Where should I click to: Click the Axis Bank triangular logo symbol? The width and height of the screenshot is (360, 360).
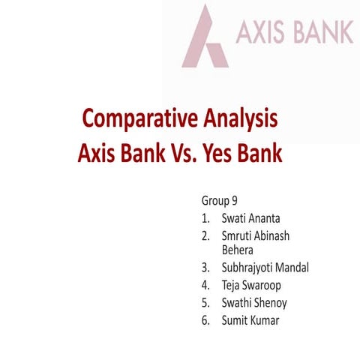tap(205, 37)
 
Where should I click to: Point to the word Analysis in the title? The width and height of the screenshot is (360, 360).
tap(241, 118)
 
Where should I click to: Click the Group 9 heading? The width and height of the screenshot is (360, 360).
tap(220, 201)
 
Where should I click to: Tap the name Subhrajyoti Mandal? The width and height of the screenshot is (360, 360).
tap(265, 267)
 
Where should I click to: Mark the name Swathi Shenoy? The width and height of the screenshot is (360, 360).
tap(254, 303)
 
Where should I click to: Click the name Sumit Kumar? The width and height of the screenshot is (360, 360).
tap(250, 321)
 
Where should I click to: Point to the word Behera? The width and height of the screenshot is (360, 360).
tap(238, 250)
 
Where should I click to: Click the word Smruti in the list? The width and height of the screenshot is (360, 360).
tap(237, 236)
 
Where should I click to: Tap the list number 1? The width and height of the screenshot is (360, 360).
tap(205, 219)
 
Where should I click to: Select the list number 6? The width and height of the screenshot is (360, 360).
tap(205, 321)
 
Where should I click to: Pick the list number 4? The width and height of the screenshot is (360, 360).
tap(205, 285)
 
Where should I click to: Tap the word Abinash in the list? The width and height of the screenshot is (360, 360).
tap(273, 236)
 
